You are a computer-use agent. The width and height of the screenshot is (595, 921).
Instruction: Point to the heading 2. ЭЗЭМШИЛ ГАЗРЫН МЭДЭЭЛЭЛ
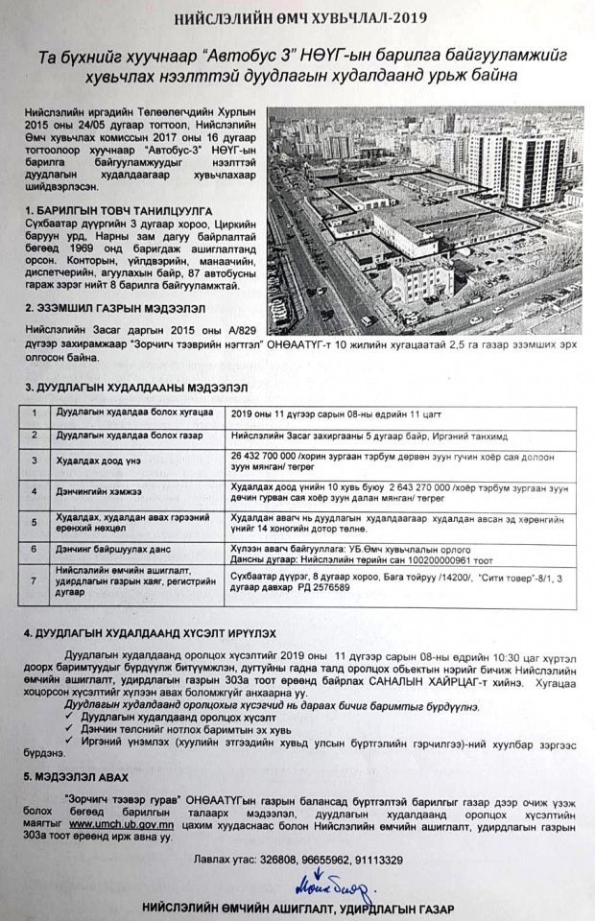[x=110, y=309]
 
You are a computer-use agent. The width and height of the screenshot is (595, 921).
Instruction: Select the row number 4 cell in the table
[x=36, y=491]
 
